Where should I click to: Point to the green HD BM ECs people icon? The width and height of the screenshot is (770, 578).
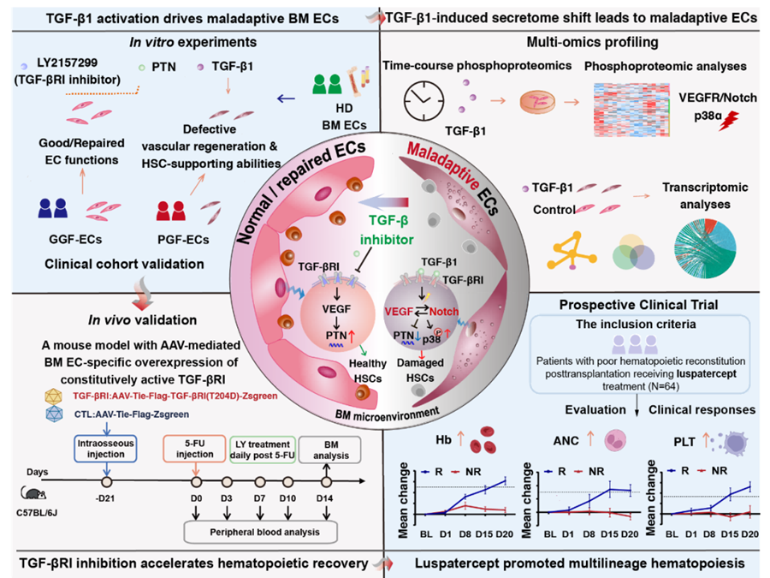pos(326,84)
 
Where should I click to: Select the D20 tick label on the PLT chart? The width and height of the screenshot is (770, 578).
pos(749,533)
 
